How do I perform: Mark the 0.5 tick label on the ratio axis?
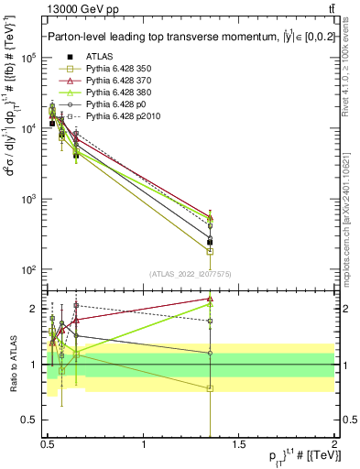coord(30,420)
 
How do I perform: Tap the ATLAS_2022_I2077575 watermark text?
coord(191,273)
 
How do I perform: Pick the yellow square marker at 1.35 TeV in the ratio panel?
coord(211,388)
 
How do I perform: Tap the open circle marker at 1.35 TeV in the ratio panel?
coord(211,353)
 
